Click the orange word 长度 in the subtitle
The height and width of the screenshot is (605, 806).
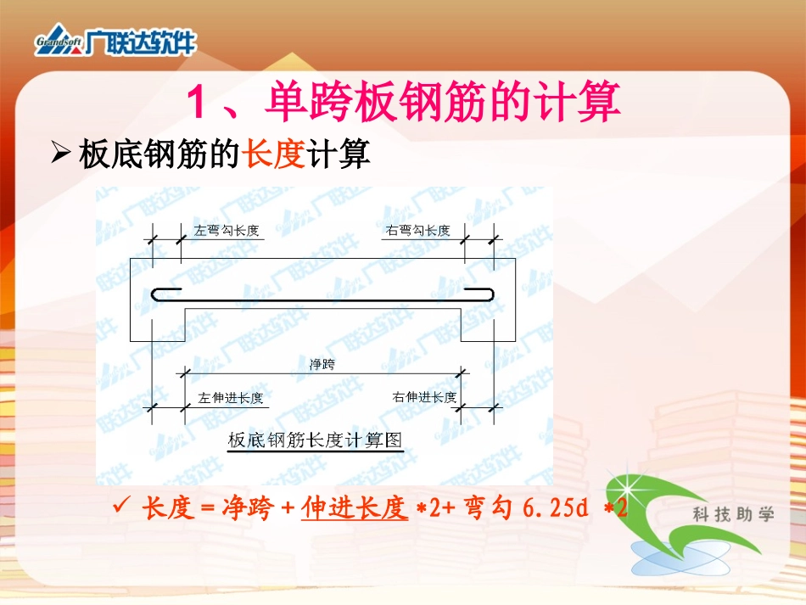[x=273, y=154]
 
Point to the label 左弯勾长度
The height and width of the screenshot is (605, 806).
[x=226, y=230]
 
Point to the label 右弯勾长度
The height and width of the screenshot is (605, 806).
[x=418, y=230]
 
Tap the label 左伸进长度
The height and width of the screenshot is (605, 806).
[x=230, y=397]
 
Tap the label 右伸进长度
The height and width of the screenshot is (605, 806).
[x=424, y=397]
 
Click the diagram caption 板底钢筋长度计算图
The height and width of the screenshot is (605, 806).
[x=315, y=440]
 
